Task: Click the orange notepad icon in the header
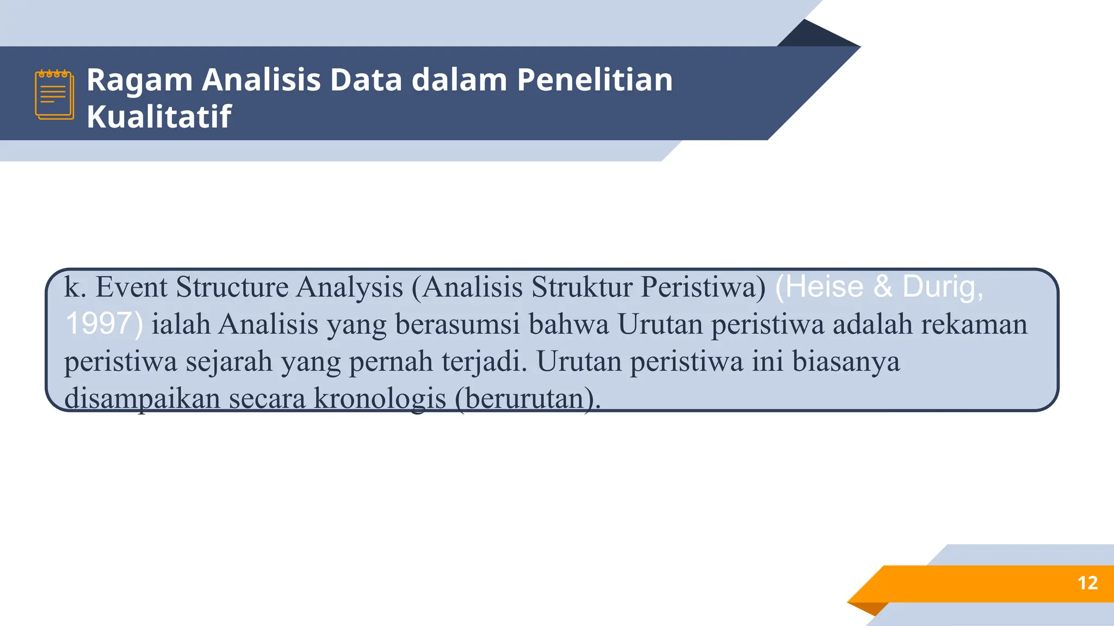point(54,95)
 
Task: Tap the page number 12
point(1087,583)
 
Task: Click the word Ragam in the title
point(140,80)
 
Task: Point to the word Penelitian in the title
point(595,80)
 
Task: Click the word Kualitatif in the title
point(159,116)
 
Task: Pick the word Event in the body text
point(131,287)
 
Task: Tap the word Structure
point(232,287)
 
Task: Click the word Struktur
point(581,287)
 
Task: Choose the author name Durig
point(943,287)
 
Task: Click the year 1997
point(98,324)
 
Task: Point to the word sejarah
point(229,361)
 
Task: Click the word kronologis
point(380,399)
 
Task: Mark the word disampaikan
point(142,399)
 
